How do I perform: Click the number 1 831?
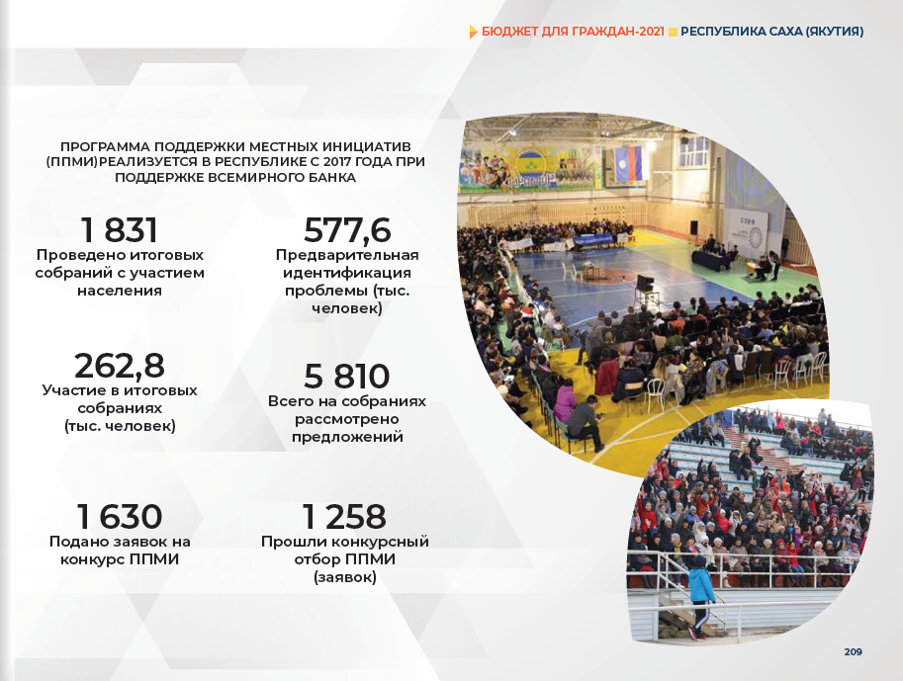(120, 230)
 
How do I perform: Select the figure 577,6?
(347, 230)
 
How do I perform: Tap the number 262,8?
(120, 366)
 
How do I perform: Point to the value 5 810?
(347, 377)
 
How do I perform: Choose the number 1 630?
(120, 516)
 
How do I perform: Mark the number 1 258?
(344, 516)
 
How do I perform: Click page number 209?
(853, 651)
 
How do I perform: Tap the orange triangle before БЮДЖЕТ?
(474, 32)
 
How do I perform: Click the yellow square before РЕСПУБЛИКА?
(673, 33)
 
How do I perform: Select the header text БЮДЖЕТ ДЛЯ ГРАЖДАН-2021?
(573, 32)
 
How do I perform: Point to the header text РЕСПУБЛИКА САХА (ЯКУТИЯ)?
(772, 32)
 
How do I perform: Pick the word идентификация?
(347, 273)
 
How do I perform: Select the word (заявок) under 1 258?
(345, 577)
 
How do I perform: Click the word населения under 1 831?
(120, 291)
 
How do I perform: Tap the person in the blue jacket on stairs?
(699, 597)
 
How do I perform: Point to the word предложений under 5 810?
(347, 437)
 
